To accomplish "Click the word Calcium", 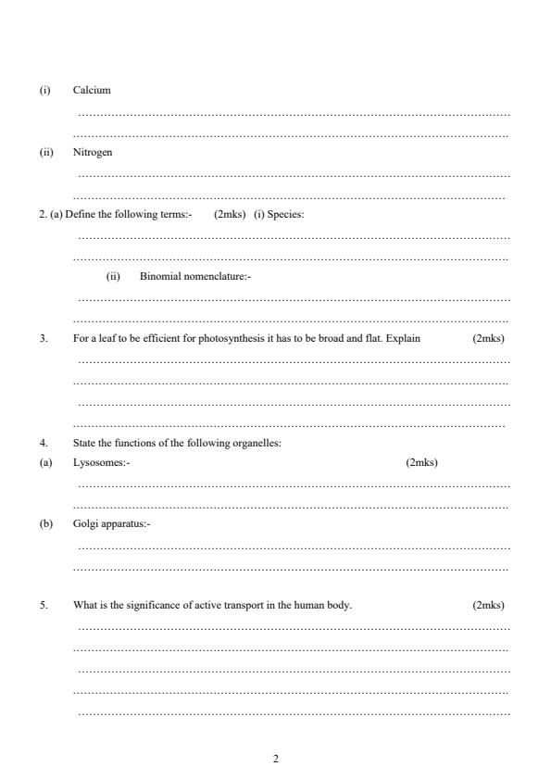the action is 92,90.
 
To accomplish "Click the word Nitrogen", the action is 93,152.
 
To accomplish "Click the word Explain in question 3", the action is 403,338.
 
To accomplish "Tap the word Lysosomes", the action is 100,462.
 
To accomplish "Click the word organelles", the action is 258,442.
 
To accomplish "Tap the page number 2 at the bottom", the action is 275,760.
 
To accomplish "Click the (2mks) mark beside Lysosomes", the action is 421,462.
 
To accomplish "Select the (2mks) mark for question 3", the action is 488,338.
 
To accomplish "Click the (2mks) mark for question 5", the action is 488,605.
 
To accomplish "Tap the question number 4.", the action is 43,442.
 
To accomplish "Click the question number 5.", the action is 43,605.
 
